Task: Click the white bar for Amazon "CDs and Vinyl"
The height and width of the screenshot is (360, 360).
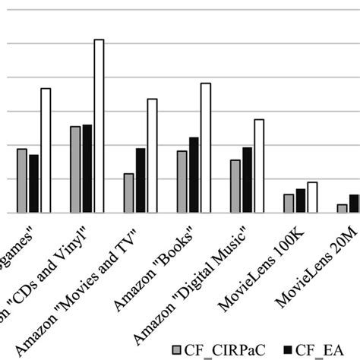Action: pyautogui.click(x=99, y=126)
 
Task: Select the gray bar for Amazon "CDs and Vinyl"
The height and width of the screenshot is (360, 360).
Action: pyautogui.click(x=75, y=169)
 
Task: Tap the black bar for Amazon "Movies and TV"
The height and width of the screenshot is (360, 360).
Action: pyautogui.click(x=141, y=181)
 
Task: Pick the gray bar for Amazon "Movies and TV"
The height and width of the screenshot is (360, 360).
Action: pyautogui.click(x=128, y=194)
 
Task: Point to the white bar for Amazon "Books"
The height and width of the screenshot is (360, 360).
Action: pyautogui.click(x=206, y=148)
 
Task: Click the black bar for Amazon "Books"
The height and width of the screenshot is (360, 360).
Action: pyautogui.click(x=194, y=175)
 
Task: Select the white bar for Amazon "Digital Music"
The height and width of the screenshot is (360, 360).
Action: pyautogui.click(x=259, y=166)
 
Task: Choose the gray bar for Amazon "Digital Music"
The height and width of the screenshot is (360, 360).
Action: pyautogui.click(x=235, y=187)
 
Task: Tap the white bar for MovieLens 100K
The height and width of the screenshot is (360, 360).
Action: pyautogui.click(x=312, y=197)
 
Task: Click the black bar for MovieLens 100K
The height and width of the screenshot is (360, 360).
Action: pyautogui.click(x=301, y=201)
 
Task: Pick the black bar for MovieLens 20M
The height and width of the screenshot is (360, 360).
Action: pyautogui.click(x=354, y=204)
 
